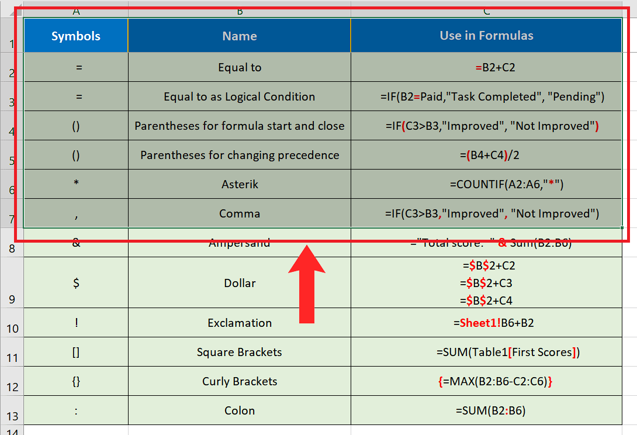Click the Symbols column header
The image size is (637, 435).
[76, 36]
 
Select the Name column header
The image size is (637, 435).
[240, 36]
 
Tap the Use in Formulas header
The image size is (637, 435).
[486, 36]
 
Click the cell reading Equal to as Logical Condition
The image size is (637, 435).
[240, 96]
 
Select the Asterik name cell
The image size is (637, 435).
[240, 184]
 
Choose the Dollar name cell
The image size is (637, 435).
[240, 283]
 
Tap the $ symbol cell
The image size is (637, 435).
[76, 283]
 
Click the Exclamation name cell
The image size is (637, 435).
[240, 323]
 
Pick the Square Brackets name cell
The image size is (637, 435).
[240, 352]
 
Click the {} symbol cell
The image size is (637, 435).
[76, 381]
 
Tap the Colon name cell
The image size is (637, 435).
[240, 410]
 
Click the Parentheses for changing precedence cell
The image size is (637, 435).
[240, 155]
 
